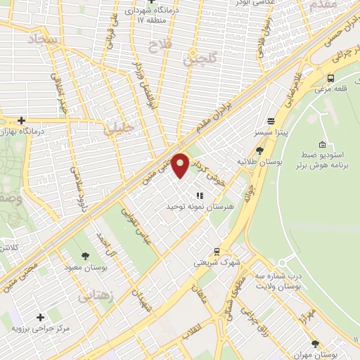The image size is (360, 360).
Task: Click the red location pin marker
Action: click(181, 165)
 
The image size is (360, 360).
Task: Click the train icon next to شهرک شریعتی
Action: click(217, 252)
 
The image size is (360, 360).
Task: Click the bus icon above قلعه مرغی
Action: click(330, 78)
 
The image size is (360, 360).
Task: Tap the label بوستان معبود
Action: click(84, 269)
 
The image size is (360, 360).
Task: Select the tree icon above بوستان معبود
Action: click(86, 257)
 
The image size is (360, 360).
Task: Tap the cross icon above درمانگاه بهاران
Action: click(22, 121)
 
